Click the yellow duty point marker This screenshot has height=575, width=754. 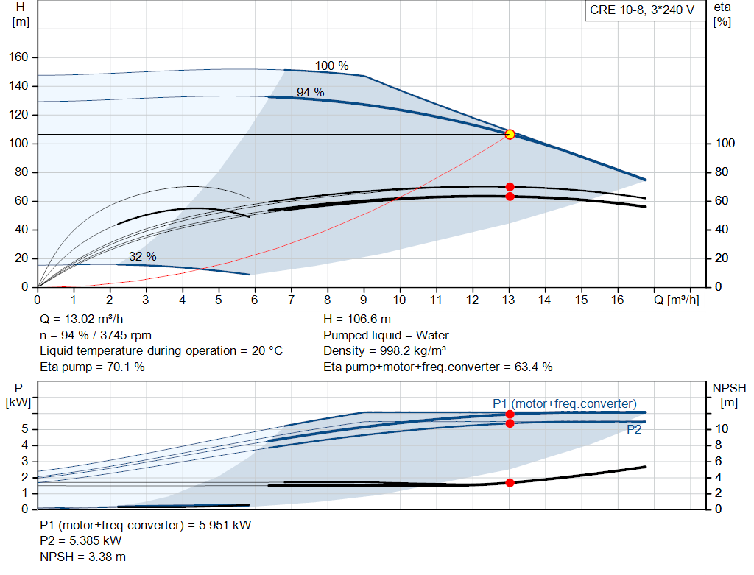(x=510, y=135)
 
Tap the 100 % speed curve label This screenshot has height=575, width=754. (x=332, y=66)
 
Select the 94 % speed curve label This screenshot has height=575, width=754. (x=310, y=92)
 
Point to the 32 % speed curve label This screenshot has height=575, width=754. (x=142, y=256)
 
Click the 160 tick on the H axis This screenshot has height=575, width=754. (x=18, y=57)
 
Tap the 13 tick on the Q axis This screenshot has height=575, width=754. (x=508, y=300)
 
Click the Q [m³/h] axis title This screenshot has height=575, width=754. (x=676, y=300)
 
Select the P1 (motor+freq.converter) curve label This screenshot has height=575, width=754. (x=565, y=403)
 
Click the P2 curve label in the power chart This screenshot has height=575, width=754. (x=634, y=429)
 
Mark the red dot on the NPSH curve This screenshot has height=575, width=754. (x=510, y=483)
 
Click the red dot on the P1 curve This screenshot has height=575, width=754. (x=510, y=414)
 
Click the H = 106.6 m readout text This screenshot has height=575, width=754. (x=357, y=319)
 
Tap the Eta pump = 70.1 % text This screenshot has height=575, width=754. (x=92, y=367)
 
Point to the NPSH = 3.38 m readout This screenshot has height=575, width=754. (x=82, y=557)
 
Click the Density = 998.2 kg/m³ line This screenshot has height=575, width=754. (x=384, y=350)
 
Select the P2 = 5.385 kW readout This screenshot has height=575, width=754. (x=81, y=540)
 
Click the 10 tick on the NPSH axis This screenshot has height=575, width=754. (x=722, y=428)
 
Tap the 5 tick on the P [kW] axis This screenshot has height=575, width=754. (x=25, y=428)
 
